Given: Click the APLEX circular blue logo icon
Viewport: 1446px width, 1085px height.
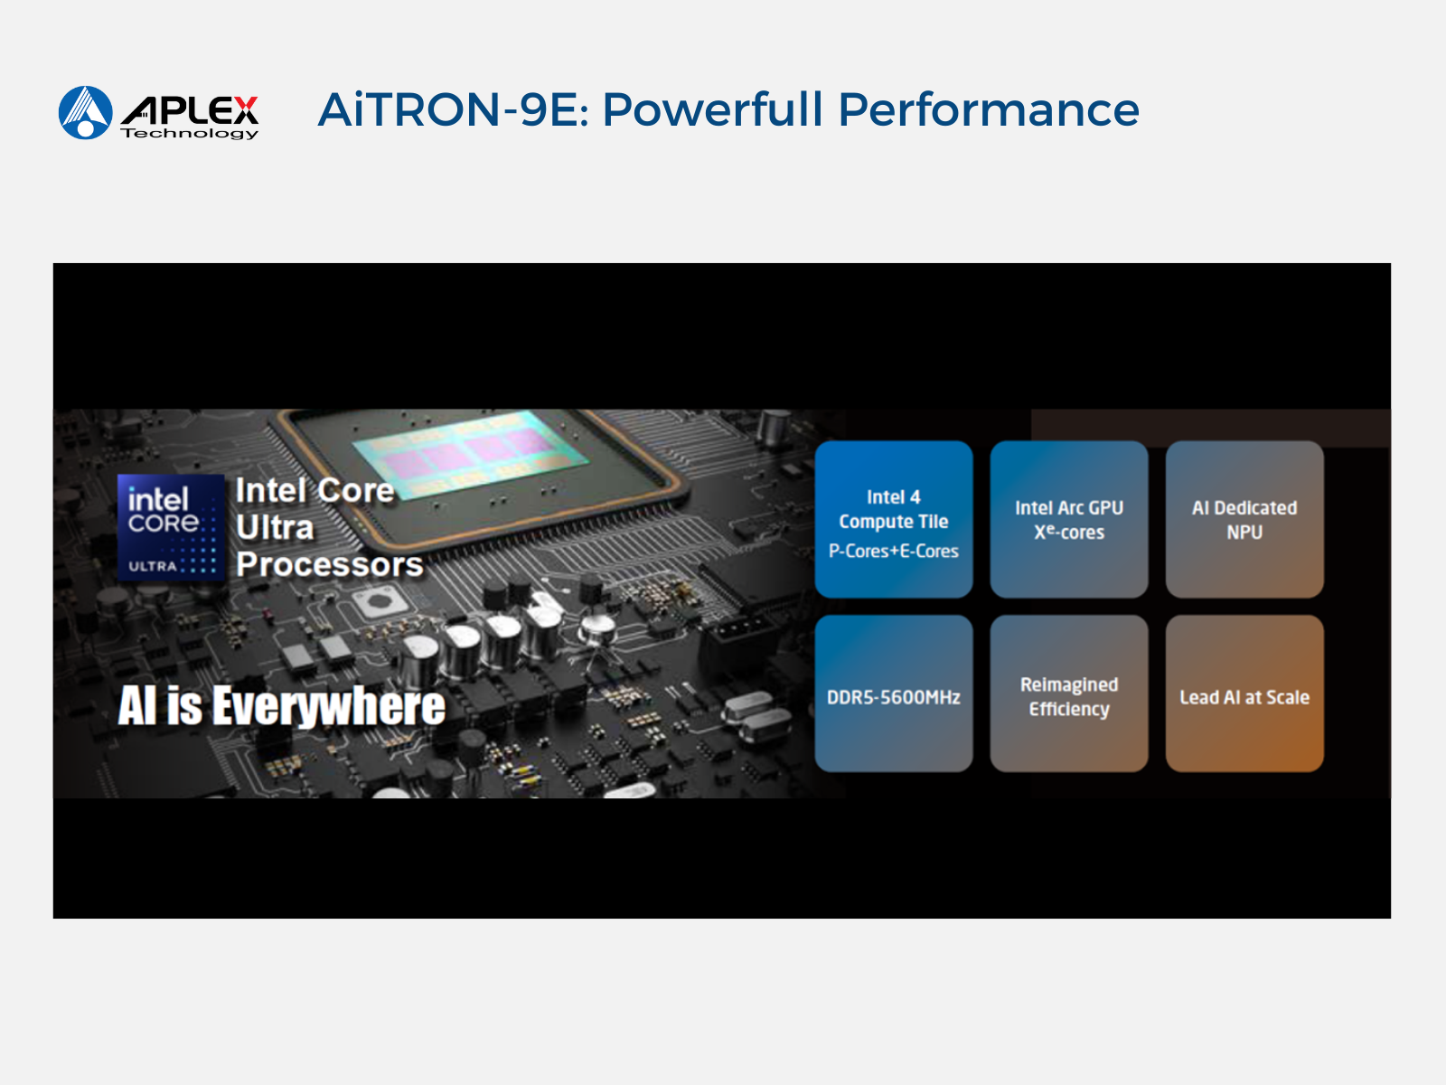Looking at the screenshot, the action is point(86,113).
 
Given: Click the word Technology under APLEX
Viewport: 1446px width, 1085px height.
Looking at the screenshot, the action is point(189,134).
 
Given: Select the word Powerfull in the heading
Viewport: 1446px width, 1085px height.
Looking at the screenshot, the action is point(713,109).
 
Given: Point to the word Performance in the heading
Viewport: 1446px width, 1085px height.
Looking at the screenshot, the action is point(988,109).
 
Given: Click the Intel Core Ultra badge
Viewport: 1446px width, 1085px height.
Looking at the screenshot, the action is point(171,528).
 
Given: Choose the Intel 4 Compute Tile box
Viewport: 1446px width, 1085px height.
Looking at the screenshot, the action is point(894,519).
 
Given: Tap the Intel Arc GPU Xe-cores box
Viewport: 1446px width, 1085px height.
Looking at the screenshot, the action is point(1069,519).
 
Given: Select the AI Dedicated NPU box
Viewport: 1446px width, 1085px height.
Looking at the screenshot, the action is point(1244,519).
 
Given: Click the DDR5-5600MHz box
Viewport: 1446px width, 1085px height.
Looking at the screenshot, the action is point(894,693).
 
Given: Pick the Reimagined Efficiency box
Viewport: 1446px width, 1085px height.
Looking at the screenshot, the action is point(1069,693).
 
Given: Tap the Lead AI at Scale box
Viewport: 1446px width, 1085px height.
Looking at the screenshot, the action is point(1244,693).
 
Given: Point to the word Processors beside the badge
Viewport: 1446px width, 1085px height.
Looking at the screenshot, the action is point(329,564).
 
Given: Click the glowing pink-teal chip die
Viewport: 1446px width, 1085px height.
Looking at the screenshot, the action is point(470,454).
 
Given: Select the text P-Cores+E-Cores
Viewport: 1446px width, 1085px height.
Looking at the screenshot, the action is point(893,551).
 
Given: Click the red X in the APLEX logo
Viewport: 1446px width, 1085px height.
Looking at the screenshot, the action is point(244,110).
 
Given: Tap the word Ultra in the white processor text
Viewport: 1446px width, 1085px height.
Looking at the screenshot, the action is point(275,528).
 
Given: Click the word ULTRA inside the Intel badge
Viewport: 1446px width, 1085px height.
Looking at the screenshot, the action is point(152,567).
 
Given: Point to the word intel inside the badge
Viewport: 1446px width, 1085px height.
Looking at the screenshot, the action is point(158,499).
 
